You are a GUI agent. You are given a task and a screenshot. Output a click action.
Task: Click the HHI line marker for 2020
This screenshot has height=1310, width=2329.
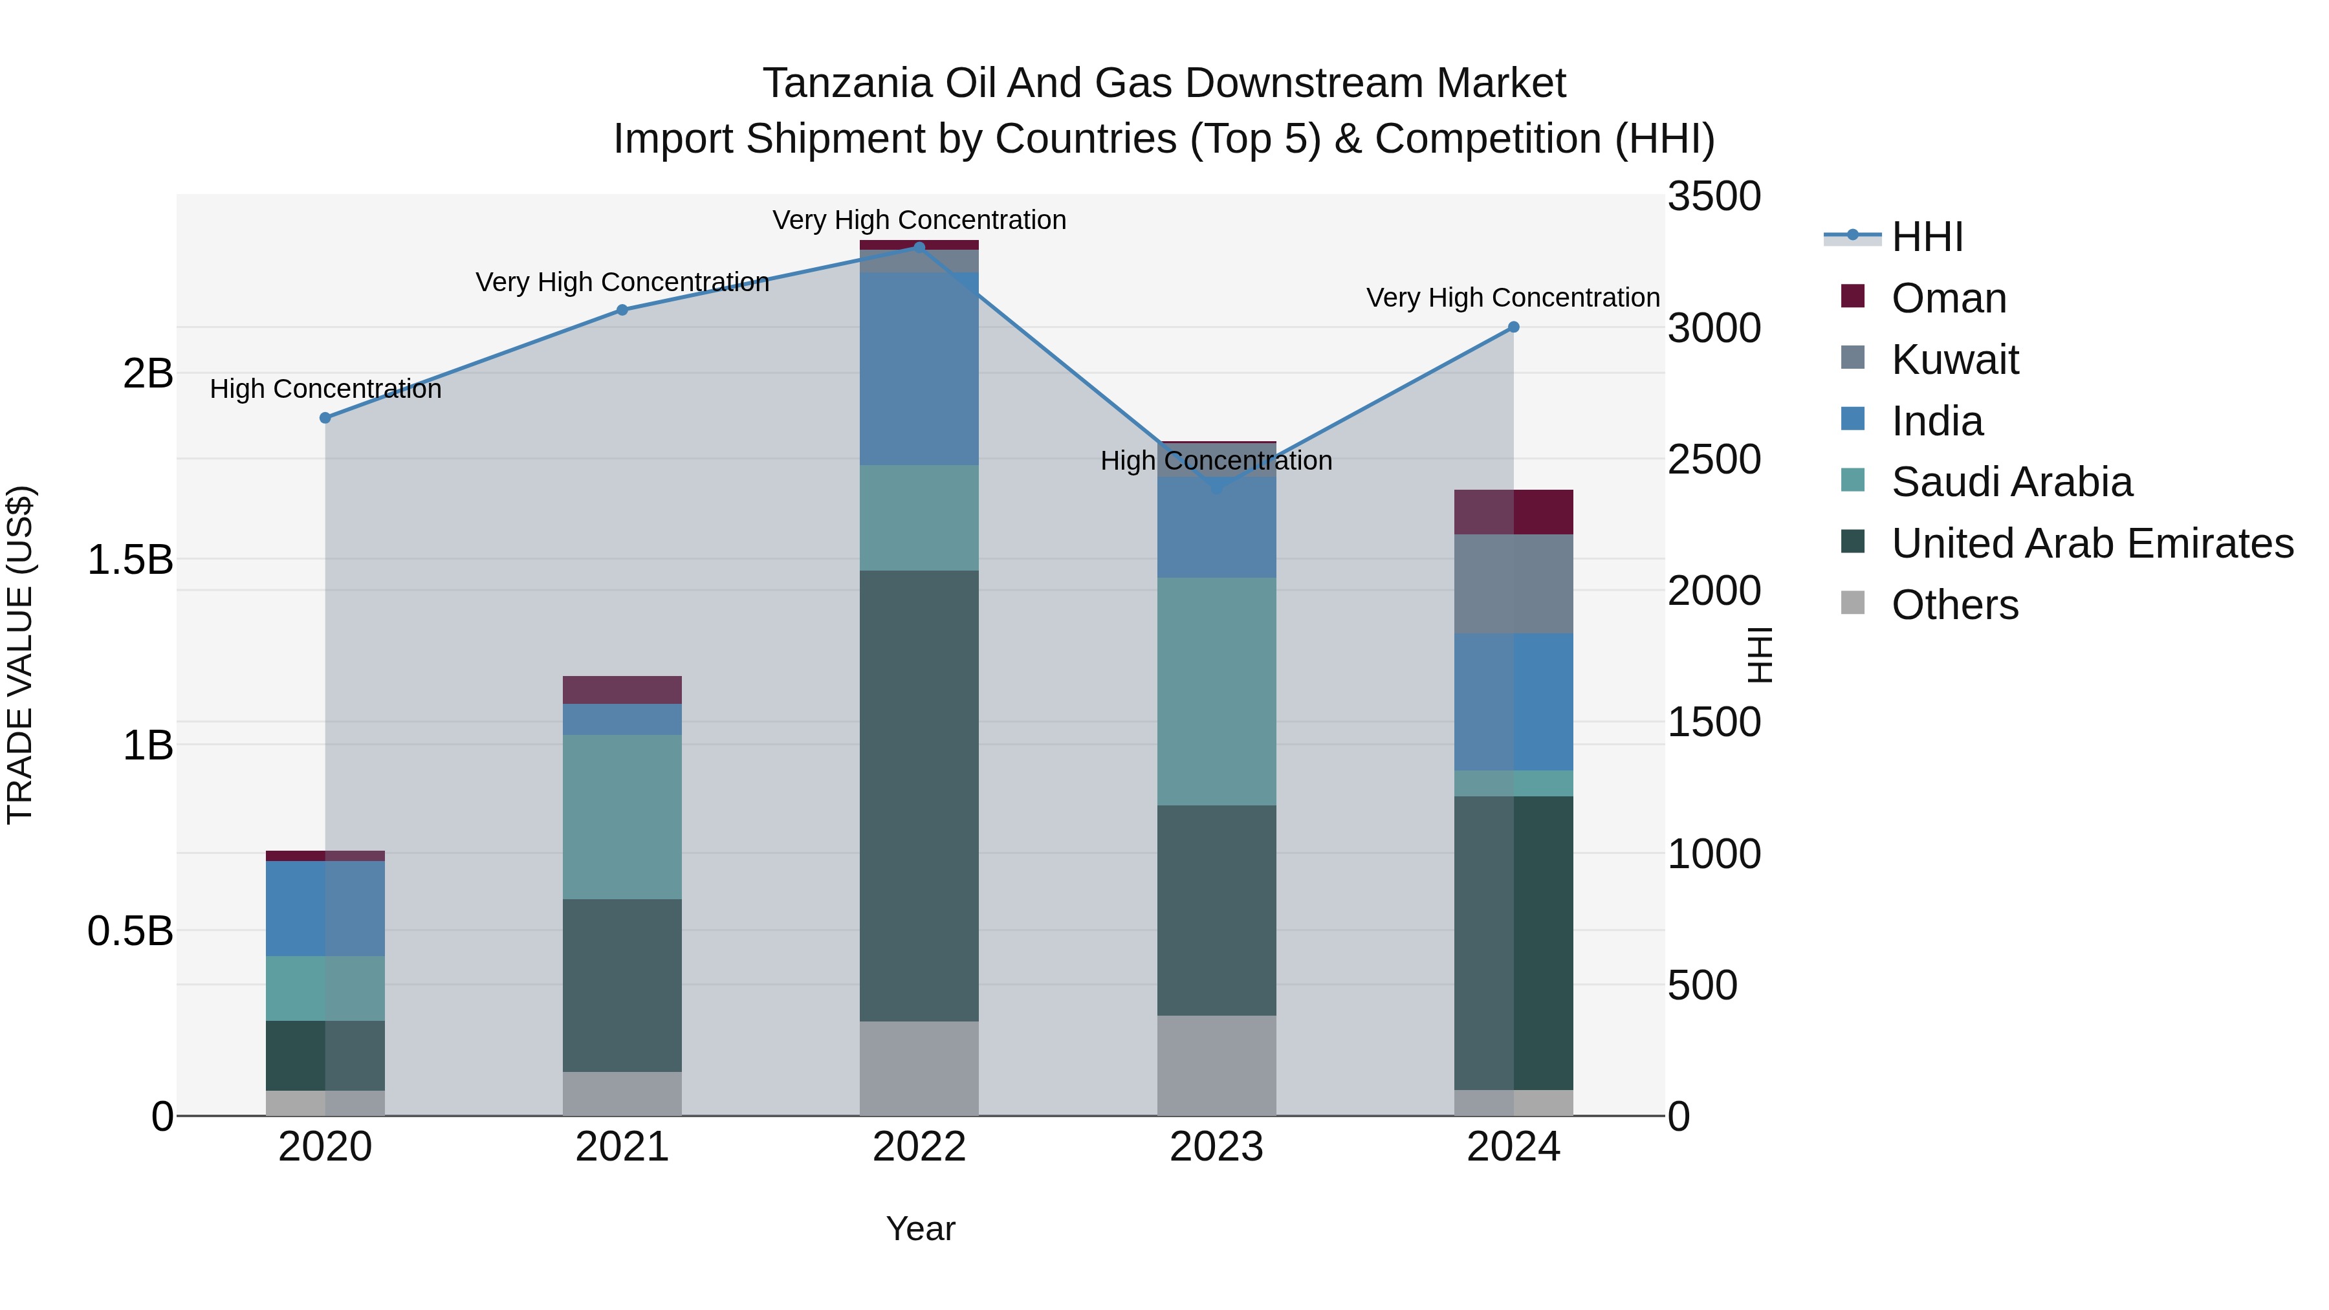click(x=325, y=418)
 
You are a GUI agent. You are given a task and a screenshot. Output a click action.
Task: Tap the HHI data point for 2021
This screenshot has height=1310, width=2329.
click(x=622, y=310)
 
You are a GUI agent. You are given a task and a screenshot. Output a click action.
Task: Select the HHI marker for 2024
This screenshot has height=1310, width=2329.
click(x=1513, y=327)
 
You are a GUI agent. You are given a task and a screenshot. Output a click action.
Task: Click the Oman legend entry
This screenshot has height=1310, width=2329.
click(x=1949, y=298)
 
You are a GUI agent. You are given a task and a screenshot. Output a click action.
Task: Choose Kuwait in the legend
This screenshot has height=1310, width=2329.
click(x=1954, y=360)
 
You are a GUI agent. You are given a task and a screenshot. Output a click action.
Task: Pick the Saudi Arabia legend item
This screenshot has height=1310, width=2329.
click(x=2011, y=482)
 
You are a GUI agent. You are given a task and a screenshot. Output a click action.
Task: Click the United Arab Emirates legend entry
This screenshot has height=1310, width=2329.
click(x=2092, y=543)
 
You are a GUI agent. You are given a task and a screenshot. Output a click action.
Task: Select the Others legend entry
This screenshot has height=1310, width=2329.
click(x=1954, y=605)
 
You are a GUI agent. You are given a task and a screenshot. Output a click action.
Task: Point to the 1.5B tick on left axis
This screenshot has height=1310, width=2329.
click(x=129, y=560)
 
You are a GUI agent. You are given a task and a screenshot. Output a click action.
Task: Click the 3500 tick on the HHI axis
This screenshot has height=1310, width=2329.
click(x=1714, y=196)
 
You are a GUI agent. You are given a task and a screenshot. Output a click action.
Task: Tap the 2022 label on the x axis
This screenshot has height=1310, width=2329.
click(x=919, y=1147)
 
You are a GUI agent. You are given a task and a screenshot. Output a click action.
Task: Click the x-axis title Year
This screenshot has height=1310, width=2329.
click(x=921, y=1228)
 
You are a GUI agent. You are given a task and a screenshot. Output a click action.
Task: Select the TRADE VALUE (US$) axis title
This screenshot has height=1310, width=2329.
click(x=20, y=655)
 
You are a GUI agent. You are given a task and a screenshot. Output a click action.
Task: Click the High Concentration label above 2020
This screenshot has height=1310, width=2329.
click(x=325, y=389)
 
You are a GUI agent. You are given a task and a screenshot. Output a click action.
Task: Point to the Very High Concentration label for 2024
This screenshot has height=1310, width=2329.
click(x=1513, y=298)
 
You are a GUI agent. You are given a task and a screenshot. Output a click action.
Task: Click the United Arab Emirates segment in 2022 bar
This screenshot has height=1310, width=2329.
click(x=919, y=796)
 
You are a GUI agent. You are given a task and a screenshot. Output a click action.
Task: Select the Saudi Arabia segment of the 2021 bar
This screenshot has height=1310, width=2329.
click(x=622, y=816)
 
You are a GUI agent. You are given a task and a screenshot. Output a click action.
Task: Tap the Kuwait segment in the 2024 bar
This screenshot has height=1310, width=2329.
click(x=1513, y=584)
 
